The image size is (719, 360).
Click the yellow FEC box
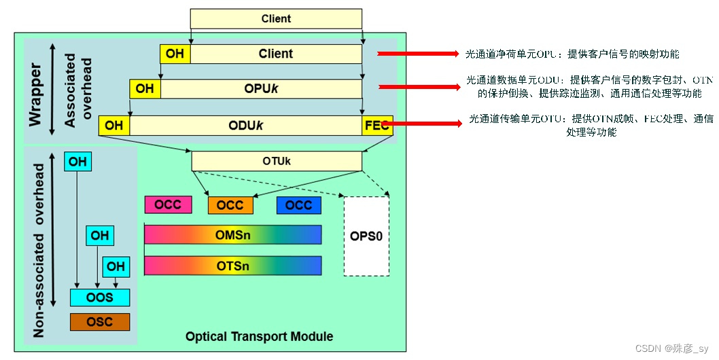click(x=377, y=126)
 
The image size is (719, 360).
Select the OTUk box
click(x=276, y=161)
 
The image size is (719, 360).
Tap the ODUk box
click(x=245, y=126)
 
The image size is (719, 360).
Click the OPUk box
click(x=261, y=89)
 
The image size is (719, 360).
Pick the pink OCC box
click(x=168, y=204)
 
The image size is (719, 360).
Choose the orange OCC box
click(x=230, y=205)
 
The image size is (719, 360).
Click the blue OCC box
click(x=298, y=205)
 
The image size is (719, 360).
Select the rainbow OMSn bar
click(x=232, y=234)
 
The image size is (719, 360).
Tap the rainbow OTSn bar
click(x=232, y=266)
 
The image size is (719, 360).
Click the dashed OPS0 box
click(x=366, y=236)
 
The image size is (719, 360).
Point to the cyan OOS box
click(x=100, y=298)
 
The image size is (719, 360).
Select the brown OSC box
click(x=100, y=322)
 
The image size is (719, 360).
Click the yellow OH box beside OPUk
click(x=145, y=89)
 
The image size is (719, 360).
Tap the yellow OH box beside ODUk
click(x=114, y=126)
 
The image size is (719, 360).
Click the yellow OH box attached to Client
click(x=175, y=54)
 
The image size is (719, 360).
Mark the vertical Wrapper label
click(x=36, y=95)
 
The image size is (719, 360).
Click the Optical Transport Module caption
click(x=259, y=337)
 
